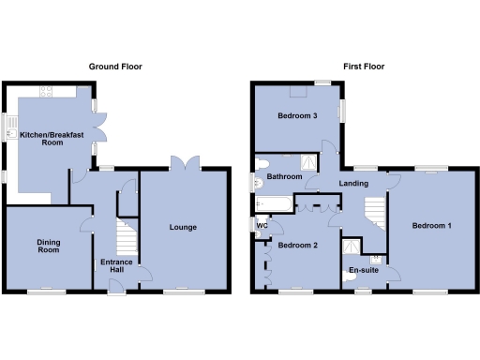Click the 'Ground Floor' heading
[114, 67]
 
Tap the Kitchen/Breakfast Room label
[53, 139]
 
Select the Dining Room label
[49, 247]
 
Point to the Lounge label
[182, 227]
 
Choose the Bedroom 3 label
[296, 116]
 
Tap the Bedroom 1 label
[432, 226]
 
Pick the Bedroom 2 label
[297, 246]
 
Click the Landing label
[353, 183]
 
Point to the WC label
[262, 225]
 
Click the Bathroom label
[284, 176]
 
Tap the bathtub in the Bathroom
[275, 202]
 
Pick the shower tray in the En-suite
[351, 248]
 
